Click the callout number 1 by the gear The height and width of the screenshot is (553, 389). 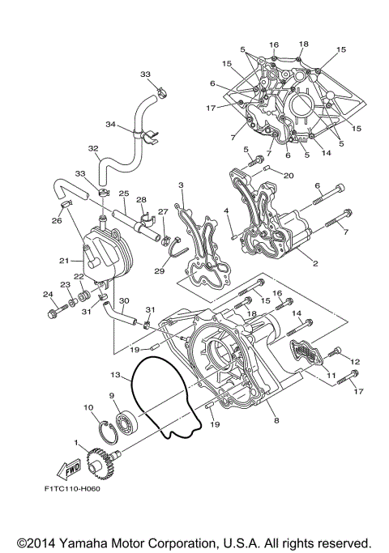pyautogui.click(x=77, y=442)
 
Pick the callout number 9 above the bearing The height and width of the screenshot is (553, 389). pyautogui.click(x=112, y=395)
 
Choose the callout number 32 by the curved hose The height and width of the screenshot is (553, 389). pyautogui.click(x=93, y=148)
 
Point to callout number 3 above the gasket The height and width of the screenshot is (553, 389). pyautogui.click(x=182, y=185)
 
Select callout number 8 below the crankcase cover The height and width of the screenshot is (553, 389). pyautogui.click(x=276, y=420)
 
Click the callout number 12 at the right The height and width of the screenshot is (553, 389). pyautogui.click(x=354, y=361)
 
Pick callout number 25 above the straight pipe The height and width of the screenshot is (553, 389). pyautogui.click(x=124, y=194)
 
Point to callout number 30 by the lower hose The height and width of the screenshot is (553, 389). pyautogui.click(x=124, y=300)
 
